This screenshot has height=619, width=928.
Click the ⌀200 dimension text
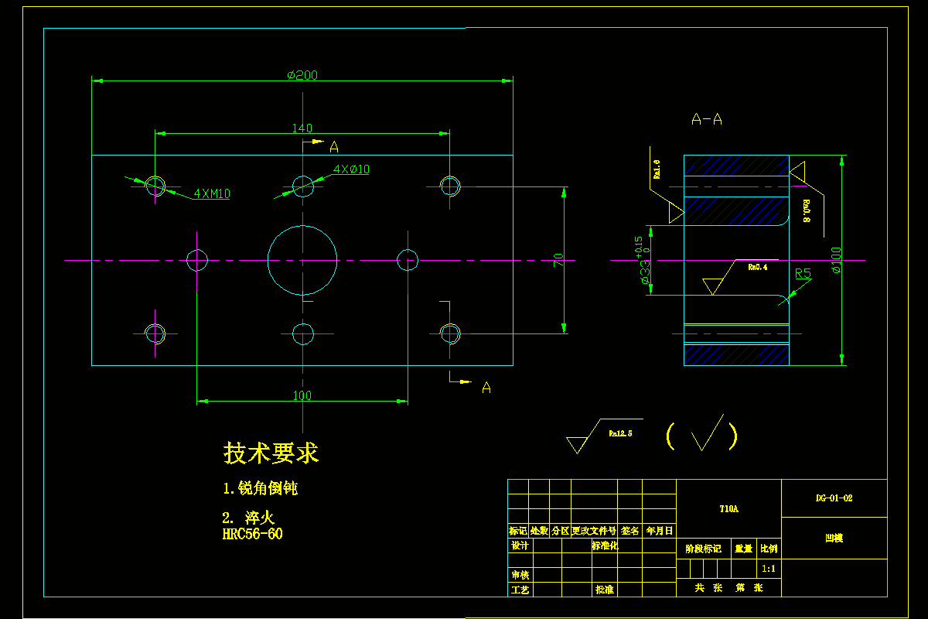(x=302, y=75)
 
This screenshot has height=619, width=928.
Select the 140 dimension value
(x=302, y=128)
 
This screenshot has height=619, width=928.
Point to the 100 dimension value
(x=302, y=395)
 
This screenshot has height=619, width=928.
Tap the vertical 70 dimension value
(x=558, y=260)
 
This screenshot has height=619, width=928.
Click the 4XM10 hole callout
(x=212, y=194)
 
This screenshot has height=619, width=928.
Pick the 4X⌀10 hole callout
(x=351, y=169)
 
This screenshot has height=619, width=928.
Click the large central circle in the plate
(x=302, y=260)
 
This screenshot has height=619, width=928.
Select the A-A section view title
(x=707, y=119)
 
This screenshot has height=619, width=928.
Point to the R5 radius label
(x=803, y=273)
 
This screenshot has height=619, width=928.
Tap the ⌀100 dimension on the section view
(x=835, y=260)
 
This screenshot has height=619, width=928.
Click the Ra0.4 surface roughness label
(x=757, y=267)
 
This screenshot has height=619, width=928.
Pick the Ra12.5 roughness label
(x=620, y=433)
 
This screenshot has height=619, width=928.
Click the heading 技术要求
(x=271, y=453)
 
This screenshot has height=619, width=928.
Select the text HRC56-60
(x=252, y=534)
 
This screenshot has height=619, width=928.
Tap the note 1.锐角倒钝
(x=260, y=488)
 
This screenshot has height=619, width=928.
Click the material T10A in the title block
(x=728, y=509)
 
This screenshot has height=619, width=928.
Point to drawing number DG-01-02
(x=834, y=499)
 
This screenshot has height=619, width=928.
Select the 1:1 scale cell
(x=769, y=569)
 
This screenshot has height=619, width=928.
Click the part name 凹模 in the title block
(x=834, y=538)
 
